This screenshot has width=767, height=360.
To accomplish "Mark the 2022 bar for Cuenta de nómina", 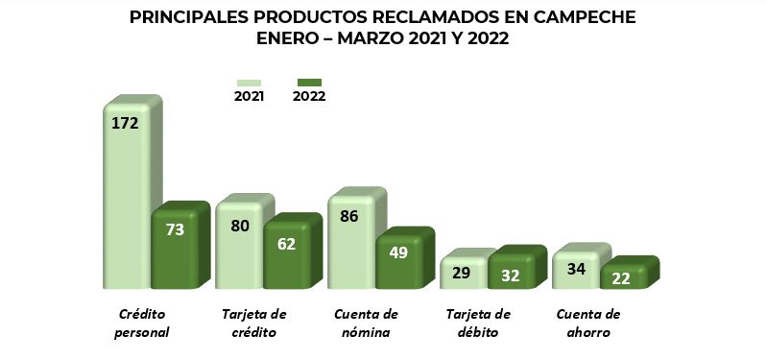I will click(399, 261).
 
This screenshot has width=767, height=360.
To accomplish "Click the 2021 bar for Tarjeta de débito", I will click(464, 273).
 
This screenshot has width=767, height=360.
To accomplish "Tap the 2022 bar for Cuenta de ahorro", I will click(624, 276).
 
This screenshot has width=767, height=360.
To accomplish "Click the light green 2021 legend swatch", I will click(250, 83).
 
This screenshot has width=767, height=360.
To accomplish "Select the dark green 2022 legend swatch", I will click(309, 83).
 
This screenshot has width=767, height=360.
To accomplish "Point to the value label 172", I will click(126, 123).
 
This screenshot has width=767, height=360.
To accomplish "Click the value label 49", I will click(398, 252).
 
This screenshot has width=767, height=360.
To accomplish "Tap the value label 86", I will click(348, 216).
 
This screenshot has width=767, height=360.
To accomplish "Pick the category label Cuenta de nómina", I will click(365, 324).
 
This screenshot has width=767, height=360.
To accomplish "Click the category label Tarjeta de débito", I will click(478, 324).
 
